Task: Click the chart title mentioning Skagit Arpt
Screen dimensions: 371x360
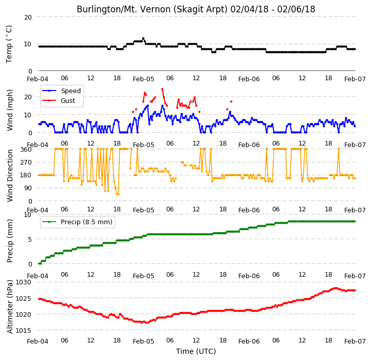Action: click(x=196, y=9)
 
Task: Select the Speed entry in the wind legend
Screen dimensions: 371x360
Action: click(x=62, y=91)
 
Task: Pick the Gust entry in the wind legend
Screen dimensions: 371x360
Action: click(x=59, y=101)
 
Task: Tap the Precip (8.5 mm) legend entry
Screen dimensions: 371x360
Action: click(x=77, y=222)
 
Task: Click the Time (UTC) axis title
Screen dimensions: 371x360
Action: click(x=196, y=351)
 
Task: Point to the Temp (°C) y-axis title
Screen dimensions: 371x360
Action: click(x=9, y=44)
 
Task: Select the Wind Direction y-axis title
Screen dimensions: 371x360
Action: click(x=10, y=175)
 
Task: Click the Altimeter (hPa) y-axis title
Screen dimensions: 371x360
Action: click(x=10, y=307)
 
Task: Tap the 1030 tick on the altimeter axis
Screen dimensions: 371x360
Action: click(x=24, y=282)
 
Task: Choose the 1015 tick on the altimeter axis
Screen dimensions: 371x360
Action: click(x=24, y=331)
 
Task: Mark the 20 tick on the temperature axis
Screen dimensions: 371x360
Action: click(x=28, y=17)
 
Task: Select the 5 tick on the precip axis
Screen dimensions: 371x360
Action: click(x=29, y=240)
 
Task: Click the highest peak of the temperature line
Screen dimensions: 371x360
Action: click(x=143, y=39)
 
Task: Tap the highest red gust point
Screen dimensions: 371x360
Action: click(x=162, y=89)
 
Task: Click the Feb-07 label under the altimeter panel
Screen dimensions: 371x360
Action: click(x=355, y=341)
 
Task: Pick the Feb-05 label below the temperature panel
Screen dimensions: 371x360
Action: click(x=144, y=79)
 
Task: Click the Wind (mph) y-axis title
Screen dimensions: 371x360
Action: click(x=10, y=110)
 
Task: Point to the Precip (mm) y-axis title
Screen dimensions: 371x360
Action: click(x=10, y=241)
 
